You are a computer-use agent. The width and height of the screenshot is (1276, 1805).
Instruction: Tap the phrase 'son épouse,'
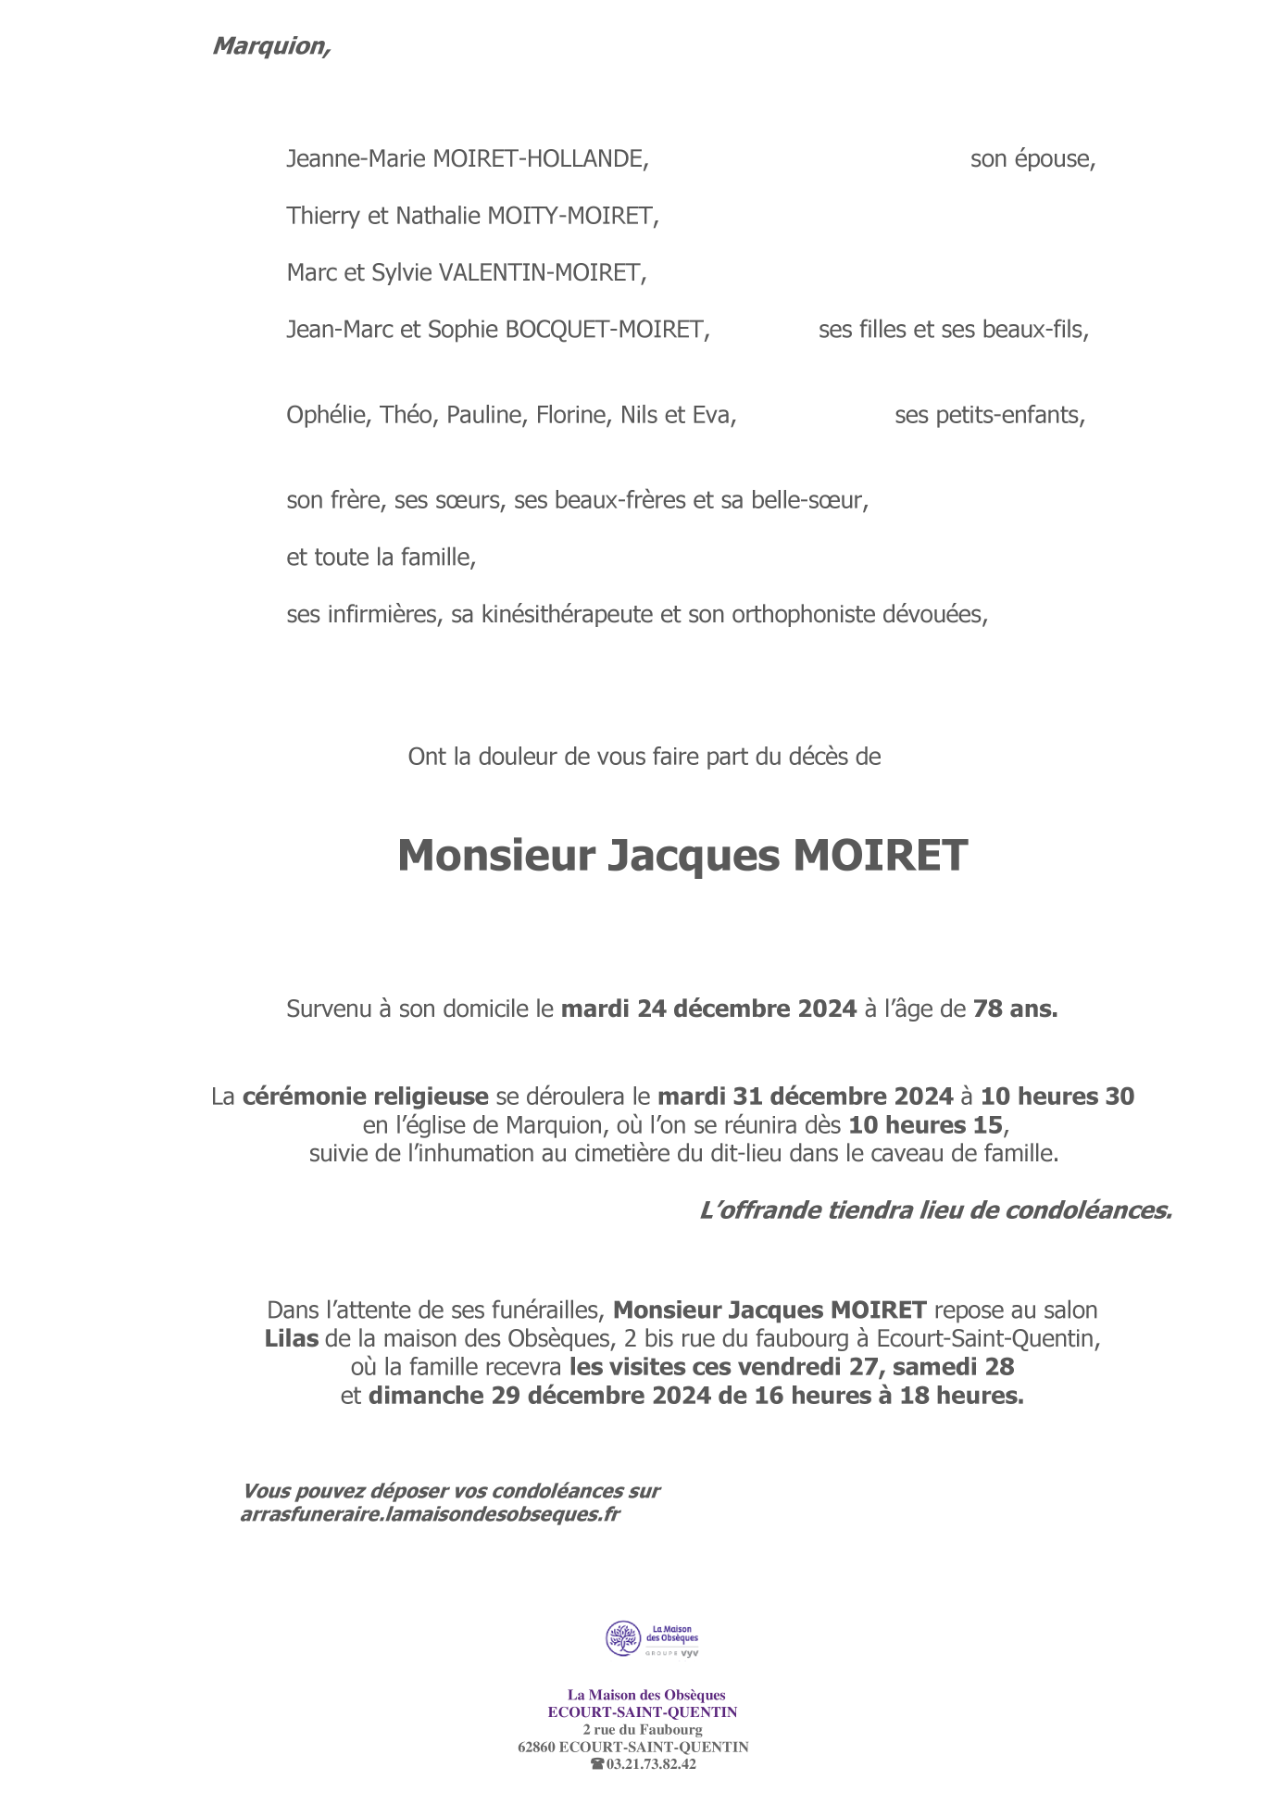(x=1032, y=158)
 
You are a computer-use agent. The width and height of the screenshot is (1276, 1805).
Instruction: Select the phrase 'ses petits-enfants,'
(x=989, y=415)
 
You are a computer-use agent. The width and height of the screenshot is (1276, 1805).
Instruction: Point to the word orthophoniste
(x=801, y=614)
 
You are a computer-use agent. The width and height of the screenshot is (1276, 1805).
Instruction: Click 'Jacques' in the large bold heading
(x=693, y=855)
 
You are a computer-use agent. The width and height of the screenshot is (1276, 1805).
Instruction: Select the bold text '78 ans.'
(x=1015, y=1009)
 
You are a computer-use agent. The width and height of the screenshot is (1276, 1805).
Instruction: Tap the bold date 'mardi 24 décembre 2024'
(x=708, y=1009)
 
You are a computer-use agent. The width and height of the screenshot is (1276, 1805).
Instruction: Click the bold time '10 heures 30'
(x=1057, y=1097)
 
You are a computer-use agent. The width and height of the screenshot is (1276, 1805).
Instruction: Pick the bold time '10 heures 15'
(x=925, y=1125)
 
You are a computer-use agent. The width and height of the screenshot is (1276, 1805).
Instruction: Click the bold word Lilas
(x=291, y=1338)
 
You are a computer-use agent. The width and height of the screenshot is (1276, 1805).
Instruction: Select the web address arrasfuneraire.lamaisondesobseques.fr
(x=430, y=1514)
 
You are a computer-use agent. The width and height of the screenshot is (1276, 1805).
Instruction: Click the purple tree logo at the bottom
(x=623, y=1637)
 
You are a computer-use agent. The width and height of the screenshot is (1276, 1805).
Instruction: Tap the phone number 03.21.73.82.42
(x=651, y=1764)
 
